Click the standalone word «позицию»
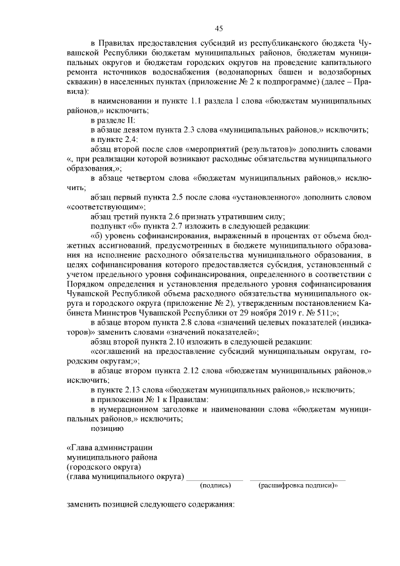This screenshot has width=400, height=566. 107,428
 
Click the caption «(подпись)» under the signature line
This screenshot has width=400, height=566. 214,485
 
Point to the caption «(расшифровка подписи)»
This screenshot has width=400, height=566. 297,485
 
